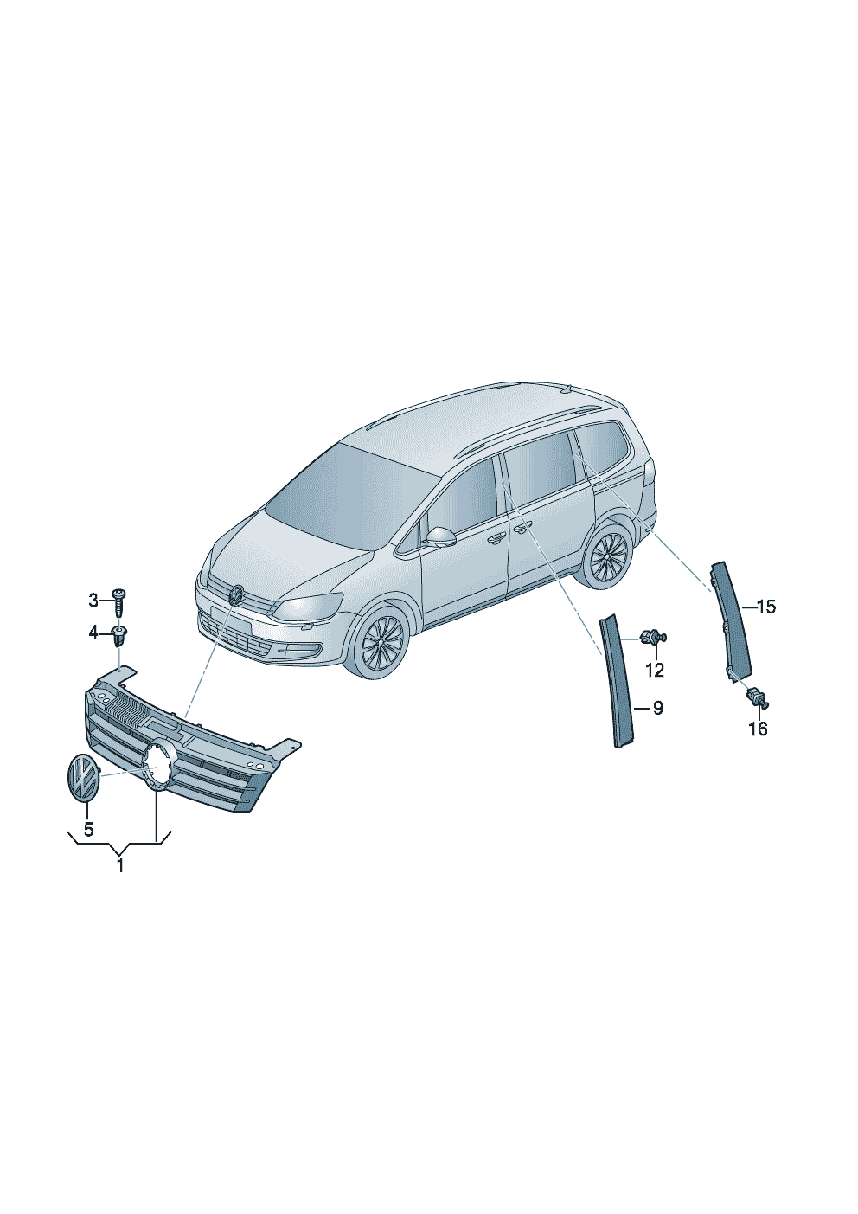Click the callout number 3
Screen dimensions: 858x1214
coord(93,601)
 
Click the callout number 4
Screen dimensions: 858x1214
coord(93,632)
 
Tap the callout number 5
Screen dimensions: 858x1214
coord(88,829)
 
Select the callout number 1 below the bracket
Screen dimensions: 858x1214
coord(120,865)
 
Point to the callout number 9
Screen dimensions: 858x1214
coord(657,709)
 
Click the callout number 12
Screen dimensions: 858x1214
coord(655,671)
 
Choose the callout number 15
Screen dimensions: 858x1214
coord(766,607)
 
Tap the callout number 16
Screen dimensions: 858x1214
coord(759,729)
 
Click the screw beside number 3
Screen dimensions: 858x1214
coord(118,602)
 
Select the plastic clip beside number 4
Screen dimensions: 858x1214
coord(118,636)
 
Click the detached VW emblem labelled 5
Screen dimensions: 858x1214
coord(82,776)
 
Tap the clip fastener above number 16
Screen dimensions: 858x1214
coord(758,696)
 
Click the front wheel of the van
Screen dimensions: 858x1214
coord(382,642)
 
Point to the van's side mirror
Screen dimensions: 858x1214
coord(440,537)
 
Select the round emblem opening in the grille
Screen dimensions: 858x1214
coord(157,766)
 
